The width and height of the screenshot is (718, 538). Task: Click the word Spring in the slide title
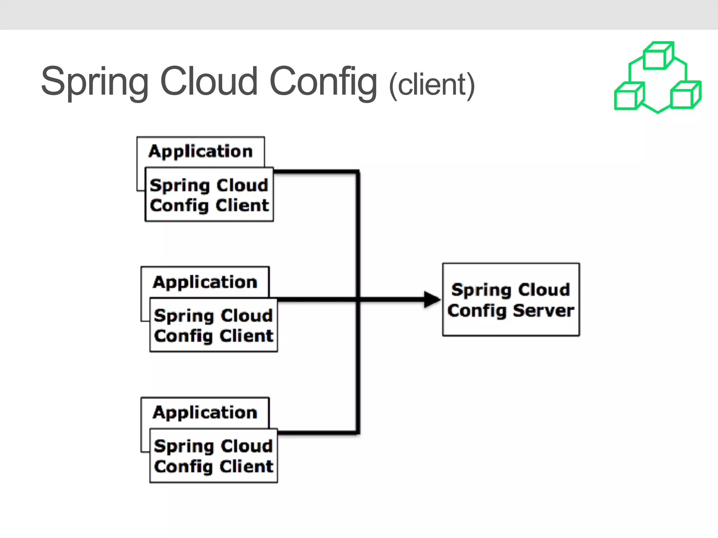click(x=95, y=82)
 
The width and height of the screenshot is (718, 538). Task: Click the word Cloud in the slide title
click(x=209, y=81)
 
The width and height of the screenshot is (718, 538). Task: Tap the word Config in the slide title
click(x=323, y=82)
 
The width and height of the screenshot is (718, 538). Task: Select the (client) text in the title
click(x=432, y=85)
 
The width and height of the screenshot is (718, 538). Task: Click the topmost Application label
click(x=200, y=152)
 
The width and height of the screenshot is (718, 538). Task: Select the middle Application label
click(x=205, y=282)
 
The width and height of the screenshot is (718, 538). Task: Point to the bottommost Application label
click(x=205, y=413)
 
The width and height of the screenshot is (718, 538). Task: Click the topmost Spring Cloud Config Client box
click(x=209, y=195)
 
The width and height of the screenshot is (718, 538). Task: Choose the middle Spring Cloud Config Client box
click(x=213, y=325)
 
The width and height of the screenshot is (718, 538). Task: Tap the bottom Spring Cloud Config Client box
click(x=213, y=456)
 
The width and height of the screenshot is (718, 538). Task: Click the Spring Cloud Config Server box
click(x=510, y=300)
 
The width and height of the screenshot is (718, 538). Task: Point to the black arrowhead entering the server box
click(x=432, y=299)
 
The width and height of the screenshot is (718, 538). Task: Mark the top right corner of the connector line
click(x=358, y=172)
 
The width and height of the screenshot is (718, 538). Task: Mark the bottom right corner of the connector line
click(x=358, y=433)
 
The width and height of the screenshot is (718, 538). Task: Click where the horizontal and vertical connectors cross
click(x=358, y=299)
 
